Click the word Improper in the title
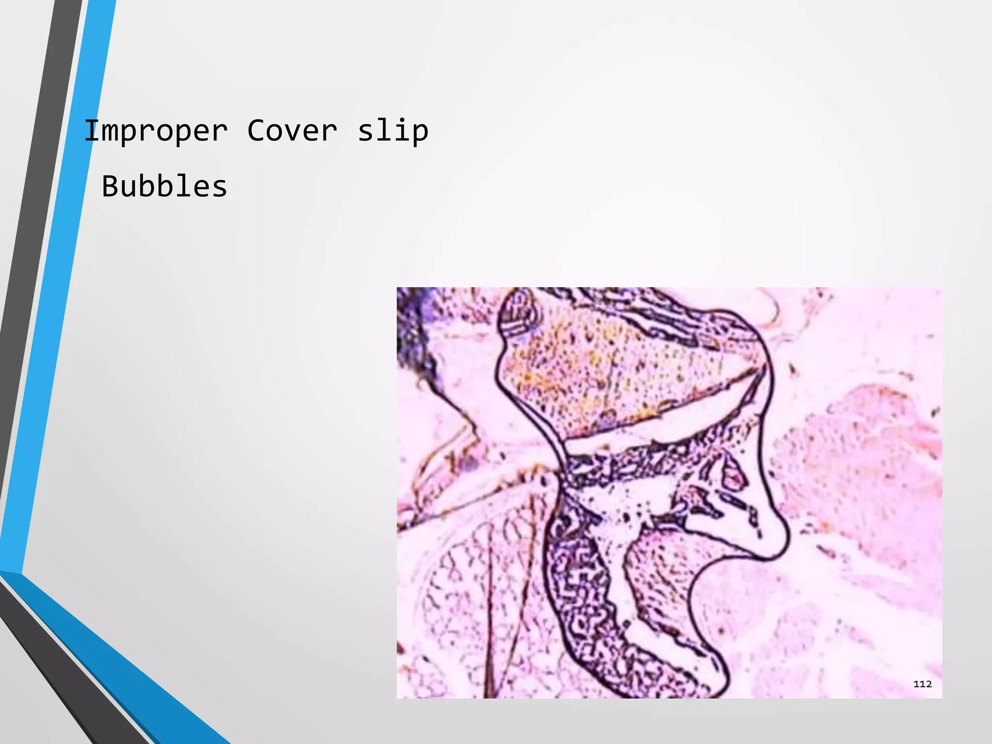pos(155,131)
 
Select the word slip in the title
pos(393,131)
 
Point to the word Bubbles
pos(164,186)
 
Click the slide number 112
pos(922,684)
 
